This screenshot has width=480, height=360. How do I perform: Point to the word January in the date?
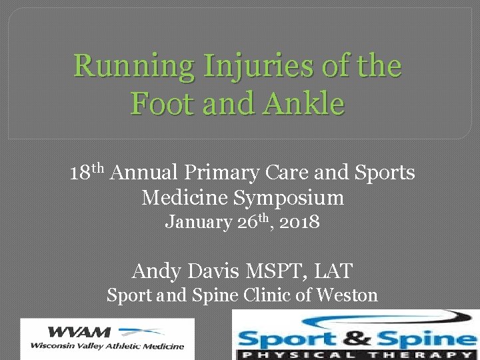pos(198,221)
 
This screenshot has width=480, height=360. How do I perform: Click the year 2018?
pos(301,221)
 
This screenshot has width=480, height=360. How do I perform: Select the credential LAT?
pos(331,271)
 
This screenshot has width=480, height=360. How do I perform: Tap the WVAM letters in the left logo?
pos(73,331)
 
